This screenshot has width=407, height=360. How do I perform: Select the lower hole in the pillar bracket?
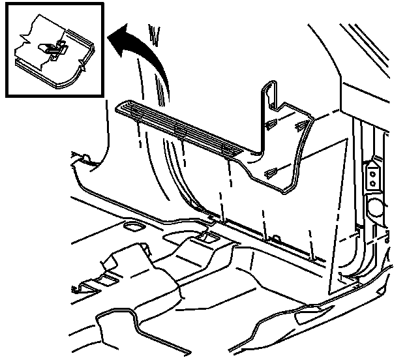point(372,183)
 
